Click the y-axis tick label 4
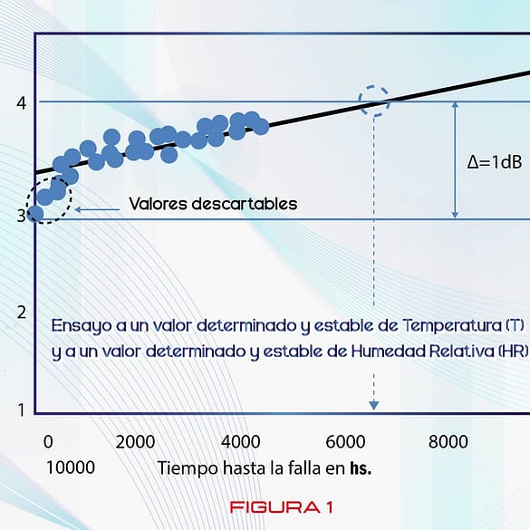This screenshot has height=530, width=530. [x=20, y=102]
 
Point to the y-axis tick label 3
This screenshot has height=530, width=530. [x=20, y=217]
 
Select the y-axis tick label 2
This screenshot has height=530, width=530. [x=20, y=313]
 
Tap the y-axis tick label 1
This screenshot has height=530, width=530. [x=20, y=410]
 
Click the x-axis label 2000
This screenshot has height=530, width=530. [x=136, y=442]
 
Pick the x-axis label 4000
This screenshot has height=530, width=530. [x=241, y=442]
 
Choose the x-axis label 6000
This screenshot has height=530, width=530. [x=345, y=442]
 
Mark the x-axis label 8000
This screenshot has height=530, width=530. [x=448, y=442]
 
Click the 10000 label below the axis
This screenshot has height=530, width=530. [x=70, y=468]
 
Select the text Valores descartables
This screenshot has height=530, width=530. [x=213, y=204]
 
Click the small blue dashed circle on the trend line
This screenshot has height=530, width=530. [x=374, y=101]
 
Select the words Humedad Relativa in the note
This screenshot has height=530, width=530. [x=436, y=352]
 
